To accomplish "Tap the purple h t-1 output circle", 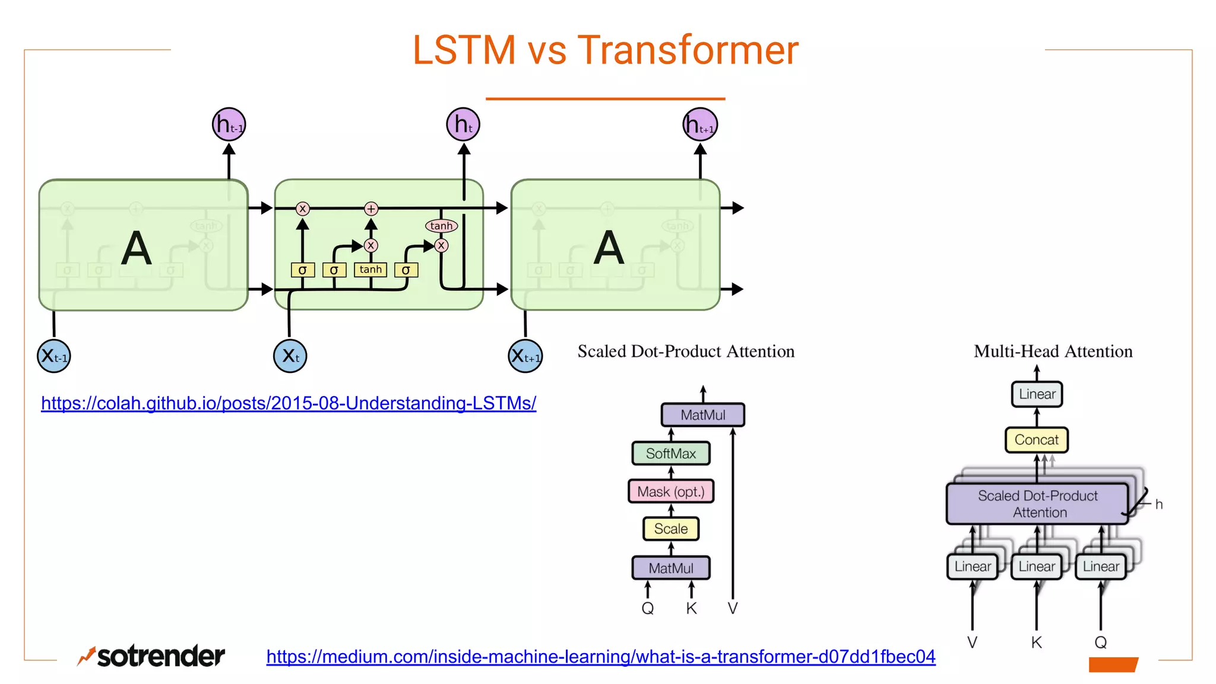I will click(229, 125).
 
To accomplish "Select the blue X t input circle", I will click(290, 356).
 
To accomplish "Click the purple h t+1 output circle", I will click(700, 125).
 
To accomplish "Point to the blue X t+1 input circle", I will click(525, 356).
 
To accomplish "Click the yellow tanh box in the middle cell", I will click(370, 270).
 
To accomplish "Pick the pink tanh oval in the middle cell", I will click(441, 226).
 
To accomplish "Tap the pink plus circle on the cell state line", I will click(371, 208).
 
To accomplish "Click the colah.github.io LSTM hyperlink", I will click(289, 403).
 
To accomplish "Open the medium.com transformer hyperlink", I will click(601, 656).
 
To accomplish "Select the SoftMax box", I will click(671, 454).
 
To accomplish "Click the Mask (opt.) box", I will click(671, 492).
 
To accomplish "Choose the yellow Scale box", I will click(671, 529).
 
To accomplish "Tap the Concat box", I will click(1037, 440).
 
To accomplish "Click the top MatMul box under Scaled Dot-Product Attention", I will click(703, 415).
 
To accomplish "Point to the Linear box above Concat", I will click(1037, 394).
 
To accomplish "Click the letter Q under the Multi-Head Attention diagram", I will click(1101, 642).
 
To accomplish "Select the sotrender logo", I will click(151, 655).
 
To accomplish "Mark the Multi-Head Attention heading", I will click(1053, 351).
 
